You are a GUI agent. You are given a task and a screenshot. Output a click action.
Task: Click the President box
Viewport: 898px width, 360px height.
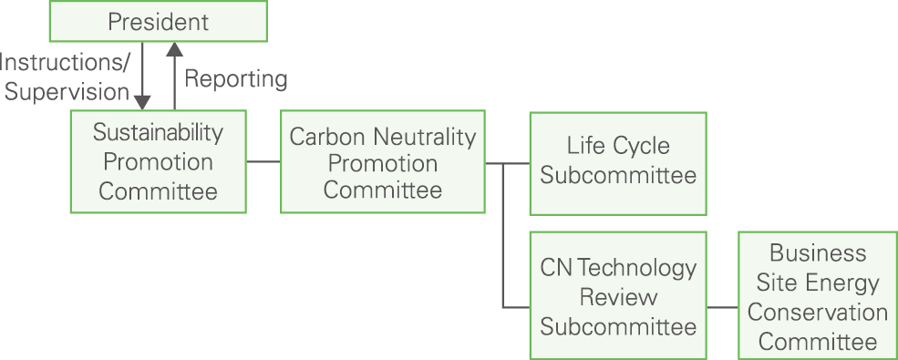[x=158, y=22]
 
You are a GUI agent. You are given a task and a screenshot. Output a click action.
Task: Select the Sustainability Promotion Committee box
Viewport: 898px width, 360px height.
[x=158, y=161]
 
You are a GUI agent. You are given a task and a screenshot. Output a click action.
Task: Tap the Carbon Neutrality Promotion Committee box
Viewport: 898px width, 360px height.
[x=382, y=162]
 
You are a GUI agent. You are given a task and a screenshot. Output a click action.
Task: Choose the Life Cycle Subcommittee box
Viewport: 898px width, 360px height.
[x=617, y=163]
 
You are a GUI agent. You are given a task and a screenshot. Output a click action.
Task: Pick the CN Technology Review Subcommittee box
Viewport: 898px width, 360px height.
[x=617, y=296]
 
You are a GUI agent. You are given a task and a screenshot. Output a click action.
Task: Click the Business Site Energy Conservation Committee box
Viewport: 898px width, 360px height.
[x=817, y=296]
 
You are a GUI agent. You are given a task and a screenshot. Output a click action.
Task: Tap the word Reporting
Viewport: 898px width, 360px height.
[x=235, y=79]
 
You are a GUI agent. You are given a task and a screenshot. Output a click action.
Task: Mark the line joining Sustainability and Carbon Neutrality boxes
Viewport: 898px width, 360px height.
[x=263, y=162]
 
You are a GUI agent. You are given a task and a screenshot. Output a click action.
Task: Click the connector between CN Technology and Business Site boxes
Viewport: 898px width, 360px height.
[x=722, y=307]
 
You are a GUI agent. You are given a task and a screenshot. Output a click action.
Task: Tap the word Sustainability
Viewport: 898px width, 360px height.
[x=158, y=132]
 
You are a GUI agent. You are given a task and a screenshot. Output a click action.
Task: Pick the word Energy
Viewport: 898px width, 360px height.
[x=844, y=282]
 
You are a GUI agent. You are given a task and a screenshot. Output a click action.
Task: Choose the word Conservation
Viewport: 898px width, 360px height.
[x=817, y=312]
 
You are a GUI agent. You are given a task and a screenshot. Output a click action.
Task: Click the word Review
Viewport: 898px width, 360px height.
[x=617, y=297]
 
